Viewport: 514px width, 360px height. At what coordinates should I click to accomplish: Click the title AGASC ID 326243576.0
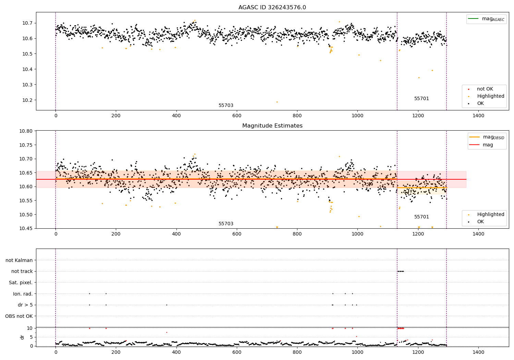272,7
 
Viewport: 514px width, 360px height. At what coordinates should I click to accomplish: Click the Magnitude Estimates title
272,125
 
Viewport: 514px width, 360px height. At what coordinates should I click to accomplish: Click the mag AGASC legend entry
487,19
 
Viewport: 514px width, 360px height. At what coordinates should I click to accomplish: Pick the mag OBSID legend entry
487,137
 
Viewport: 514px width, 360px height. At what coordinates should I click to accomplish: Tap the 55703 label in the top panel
226,105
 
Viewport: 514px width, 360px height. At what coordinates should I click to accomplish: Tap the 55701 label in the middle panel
421,217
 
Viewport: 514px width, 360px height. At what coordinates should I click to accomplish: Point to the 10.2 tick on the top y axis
27,100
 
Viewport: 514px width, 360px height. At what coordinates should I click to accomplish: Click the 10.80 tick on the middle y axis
26,131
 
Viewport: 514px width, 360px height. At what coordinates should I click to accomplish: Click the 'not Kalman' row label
19,260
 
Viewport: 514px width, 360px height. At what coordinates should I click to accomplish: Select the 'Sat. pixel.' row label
21,283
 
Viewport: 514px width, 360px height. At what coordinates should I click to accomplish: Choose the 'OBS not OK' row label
19,316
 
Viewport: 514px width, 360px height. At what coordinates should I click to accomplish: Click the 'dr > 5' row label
25,305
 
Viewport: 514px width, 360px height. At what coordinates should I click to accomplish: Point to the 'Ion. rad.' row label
23,294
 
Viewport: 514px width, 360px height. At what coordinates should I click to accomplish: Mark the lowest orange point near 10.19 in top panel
277,102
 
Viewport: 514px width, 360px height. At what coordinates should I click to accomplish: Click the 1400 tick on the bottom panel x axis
478,352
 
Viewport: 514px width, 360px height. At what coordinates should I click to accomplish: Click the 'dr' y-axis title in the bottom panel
22,337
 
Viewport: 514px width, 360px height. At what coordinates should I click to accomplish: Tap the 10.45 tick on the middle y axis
26,228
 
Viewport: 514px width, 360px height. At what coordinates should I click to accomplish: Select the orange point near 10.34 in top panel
419,78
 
